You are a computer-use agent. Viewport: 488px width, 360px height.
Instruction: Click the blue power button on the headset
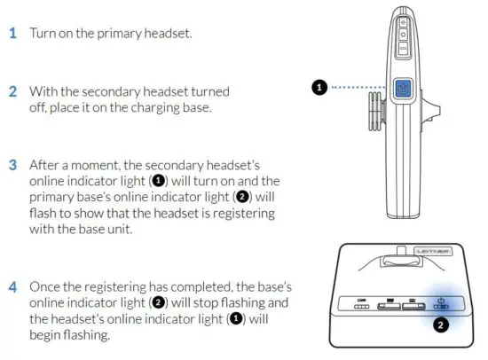[402, 89]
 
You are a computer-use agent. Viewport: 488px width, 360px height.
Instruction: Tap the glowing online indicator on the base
[440, 306]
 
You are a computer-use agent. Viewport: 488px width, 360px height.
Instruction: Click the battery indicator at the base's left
[362, 308]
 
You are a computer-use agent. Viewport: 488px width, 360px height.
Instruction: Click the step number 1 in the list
[12, 33]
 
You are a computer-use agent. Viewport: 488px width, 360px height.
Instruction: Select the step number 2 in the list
[12, 91]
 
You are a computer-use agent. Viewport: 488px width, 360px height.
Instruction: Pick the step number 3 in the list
[12, 165]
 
